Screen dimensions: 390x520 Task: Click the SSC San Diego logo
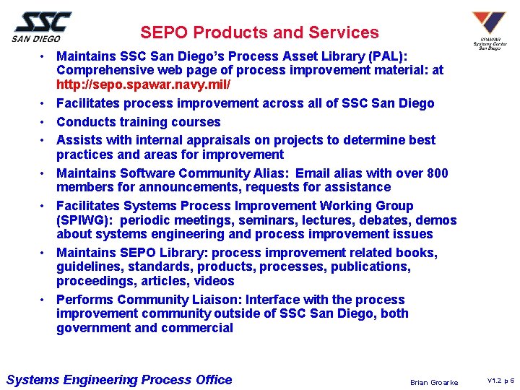[41, 27]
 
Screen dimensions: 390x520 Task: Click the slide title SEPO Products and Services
[259, 32]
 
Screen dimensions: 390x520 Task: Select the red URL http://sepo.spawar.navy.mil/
[144, 84]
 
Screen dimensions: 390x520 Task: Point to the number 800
[436, 173]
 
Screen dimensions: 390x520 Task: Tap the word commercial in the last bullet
[197, 328]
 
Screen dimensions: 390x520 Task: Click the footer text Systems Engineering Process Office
[118, 380]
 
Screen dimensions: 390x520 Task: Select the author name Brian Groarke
[433, 382]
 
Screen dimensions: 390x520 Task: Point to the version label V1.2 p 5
[500, 380]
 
